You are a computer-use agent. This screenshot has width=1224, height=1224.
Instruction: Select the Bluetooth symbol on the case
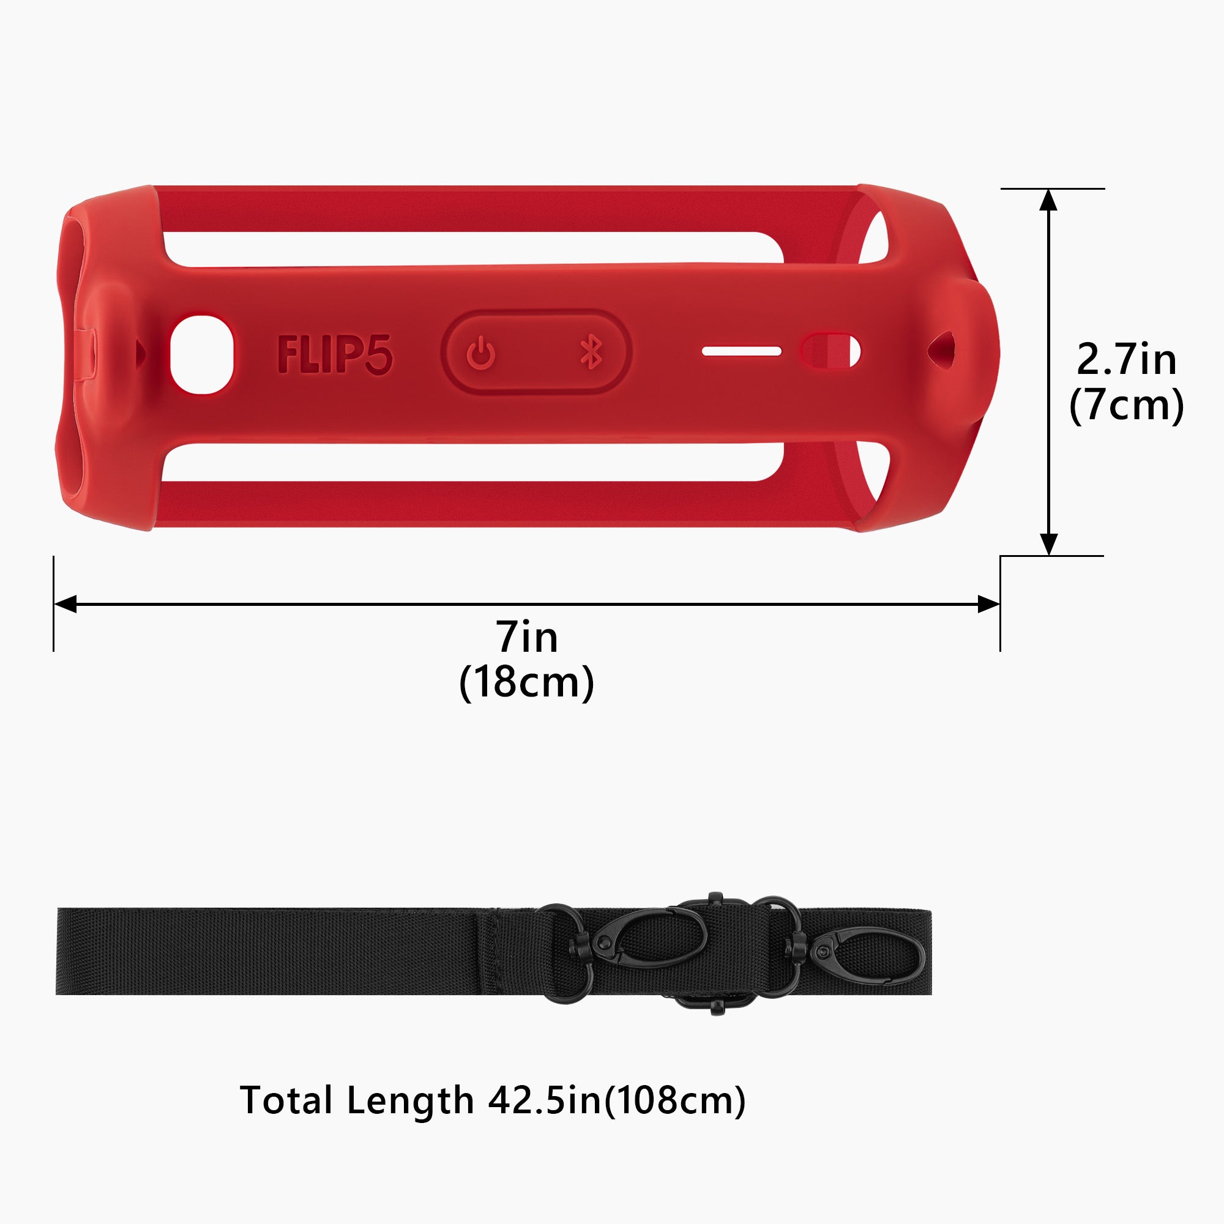(x=591, y=353)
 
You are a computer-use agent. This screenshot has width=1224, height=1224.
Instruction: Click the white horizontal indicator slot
(x=742, y=351)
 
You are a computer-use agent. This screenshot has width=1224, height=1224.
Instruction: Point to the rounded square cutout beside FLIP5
(x=202, y=354)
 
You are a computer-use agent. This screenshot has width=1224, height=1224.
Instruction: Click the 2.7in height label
(x=1127, y=359)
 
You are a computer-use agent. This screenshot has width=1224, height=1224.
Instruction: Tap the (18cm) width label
(x=526, y=682)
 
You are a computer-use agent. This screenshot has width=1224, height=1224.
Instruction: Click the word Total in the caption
(x=287, y=1100)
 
